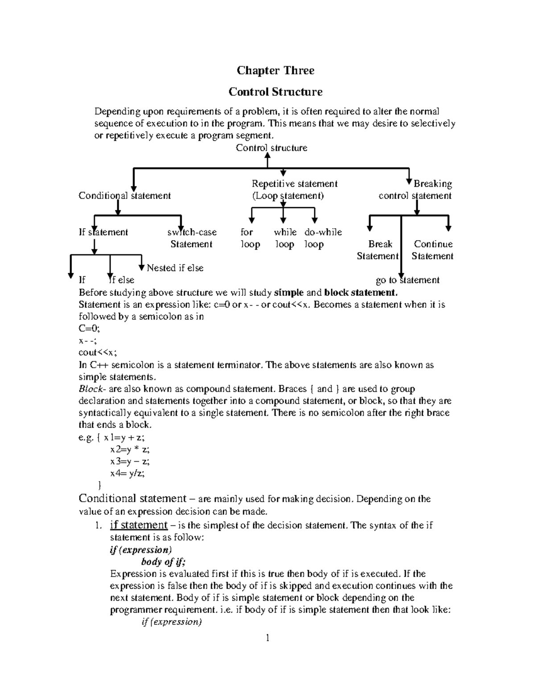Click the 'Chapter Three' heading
pyautogui.click(x=275, y=70)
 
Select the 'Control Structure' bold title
pyautogui.click(x=275, y=92)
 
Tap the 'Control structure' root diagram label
pyautogui.click(x=271, y=148)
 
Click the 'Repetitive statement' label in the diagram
pyautogui.click(x=294, y=184)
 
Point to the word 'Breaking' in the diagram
pyautogui.click(x=432, y=184)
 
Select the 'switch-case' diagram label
pyautogui.click(x=192, y=232)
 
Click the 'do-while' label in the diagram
pyautogui.click(x=323, y=232)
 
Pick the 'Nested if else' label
pyautogui.click(x=175, y=268)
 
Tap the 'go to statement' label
pyautogui.click(x=407, y=280)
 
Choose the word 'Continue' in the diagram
pyautogui.click(x=433, y=244)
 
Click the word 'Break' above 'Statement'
pyautogui.click(x=380, y=244)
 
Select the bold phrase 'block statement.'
pyautogui.click(x=360, y=293)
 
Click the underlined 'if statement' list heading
pyautogui.click(x=139, y=525)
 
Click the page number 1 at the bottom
pyautogui.click(x=267, y=638)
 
